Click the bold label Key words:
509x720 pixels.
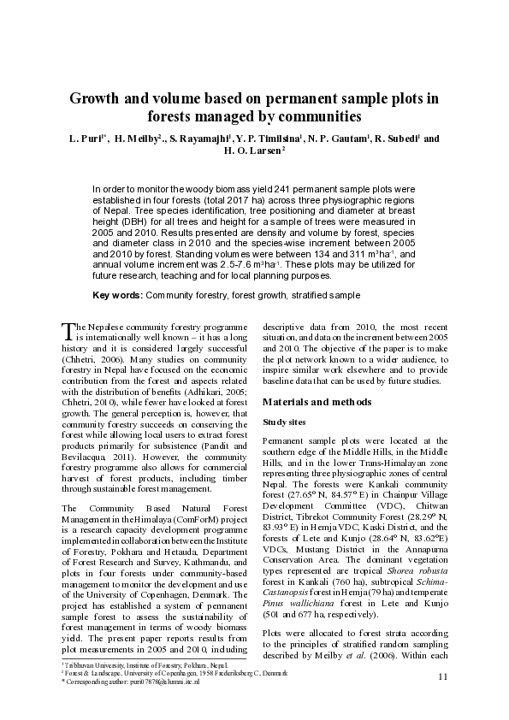118,295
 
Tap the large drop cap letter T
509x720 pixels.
68,331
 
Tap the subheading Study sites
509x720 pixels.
286,422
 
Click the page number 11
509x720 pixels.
442,677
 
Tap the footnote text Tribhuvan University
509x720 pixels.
96,664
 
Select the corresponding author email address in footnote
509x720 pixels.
168,682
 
